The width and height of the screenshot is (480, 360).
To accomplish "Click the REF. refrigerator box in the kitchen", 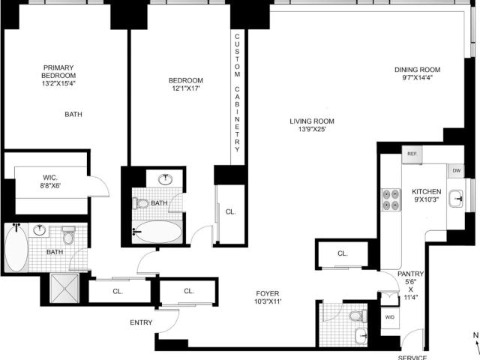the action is tap(412, 154).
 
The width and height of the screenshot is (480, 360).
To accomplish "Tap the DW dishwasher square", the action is tap(456, 171).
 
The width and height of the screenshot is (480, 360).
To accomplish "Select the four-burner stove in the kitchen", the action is tap(391, 199).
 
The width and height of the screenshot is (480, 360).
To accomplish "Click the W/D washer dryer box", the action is tap(390, 317).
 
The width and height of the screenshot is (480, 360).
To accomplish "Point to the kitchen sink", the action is tap(457, 199).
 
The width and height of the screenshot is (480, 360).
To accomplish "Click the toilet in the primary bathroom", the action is tap(68, 235).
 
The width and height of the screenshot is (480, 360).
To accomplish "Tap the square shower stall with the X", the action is tap(64, 288).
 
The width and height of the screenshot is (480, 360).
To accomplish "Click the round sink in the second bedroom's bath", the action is tap(165, 179).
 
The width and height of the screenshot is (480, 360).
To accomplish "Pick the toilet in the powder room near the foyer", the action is tap(358, 316).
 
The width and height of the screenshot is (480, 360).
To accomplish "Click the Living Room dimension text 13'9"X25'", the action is tap(312, 129).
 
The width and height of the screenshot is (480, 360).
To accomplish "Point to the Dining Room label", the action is tap(417, 70).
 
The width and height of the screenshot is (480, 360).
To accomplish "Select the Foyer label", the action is tap(268, 293).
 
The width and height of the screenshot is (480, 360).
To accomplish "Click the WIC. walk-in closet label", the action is tap(50, 178).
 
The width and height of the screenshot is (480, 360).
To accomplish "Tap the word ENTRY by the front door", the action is tap(141, 322).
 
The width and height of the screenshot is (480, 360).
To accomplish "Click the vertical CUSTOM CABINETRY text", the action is tap(237, 93).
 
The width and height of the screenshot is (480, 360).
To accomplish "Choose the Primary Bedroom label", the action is tap(58, 71).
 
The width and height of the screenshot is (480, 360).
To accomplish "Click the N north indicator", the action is tap(475, 335).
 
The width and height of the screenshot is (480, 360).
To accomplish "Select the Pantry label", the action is tap(410, 274).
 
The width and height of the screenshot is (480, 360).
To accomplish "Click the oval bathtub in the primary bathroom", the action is tap(16, 247).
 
